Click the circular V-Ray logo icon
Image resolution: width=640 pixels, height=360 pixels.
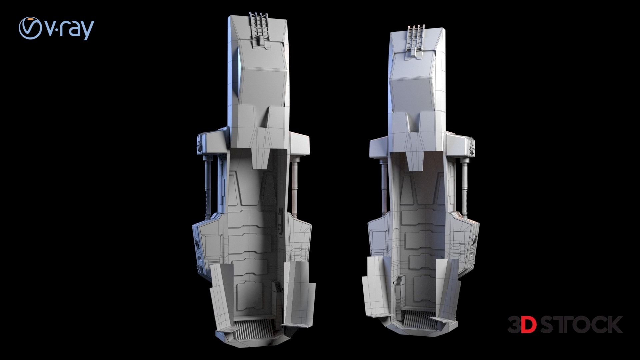[x=30, y=28]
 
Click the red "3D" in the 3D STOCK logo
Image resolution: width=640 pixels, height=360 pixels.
[x=522, y=325]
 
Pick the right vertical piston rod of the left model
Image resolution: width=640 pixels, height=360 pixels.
[x=294, y=186]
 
